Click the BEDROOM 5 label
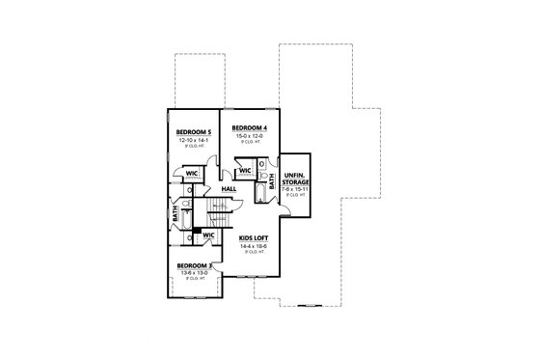(x=195, y=131)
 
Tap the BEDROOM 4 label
(x=250, y=127)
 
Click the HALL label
(x=229, y=189)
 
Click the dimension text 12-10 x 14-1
(x=195, y=140)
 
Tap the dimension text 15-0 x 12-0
(x=250, y=136)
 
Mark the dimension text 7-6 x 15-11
(x=295, y=189)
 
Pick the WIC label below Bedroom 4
(x=245, y=172)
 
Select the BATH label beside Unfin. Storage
(x=273, y=180)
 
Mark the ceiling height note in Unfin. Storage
(x=295, y=196)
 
